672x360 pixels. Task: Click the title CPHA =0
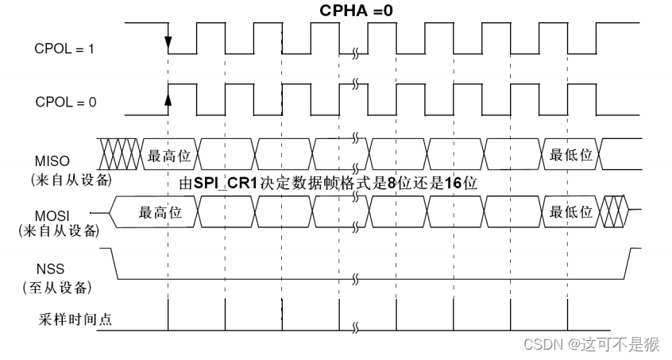357,11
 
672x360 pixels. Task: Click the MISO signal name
52,161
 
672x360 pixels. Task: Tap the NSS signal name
51,269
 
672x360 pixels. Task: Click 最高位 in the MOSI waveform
160,212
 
